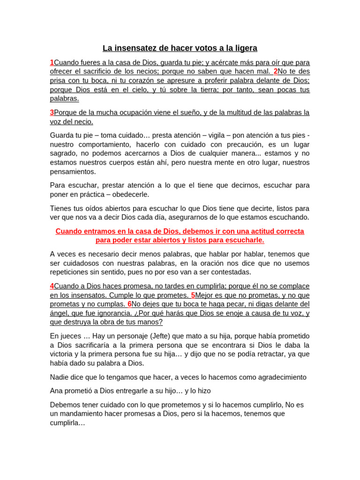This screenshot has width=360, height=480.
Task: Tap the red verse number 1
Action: point(52,62)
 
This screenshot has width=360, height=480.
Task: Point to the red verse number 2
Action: point(276,71)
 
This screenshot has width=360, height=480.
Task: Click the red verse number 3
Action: point(52,112)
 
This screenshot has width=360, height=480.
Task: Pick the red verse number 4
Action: point(52,286)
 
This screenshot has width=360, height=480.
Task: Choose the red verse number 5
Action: point(193,295)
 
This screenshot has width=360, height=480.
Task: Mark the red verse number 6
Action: point(129,304)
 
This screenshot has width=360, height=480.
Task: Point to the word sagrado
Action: point(64,153)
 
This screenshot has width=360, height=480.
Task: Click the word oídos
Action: point(95,208)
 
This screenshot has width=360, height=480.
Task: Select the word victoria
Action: point(63,354)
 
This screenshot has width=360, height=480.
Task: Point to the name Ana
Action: point(57,390)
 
